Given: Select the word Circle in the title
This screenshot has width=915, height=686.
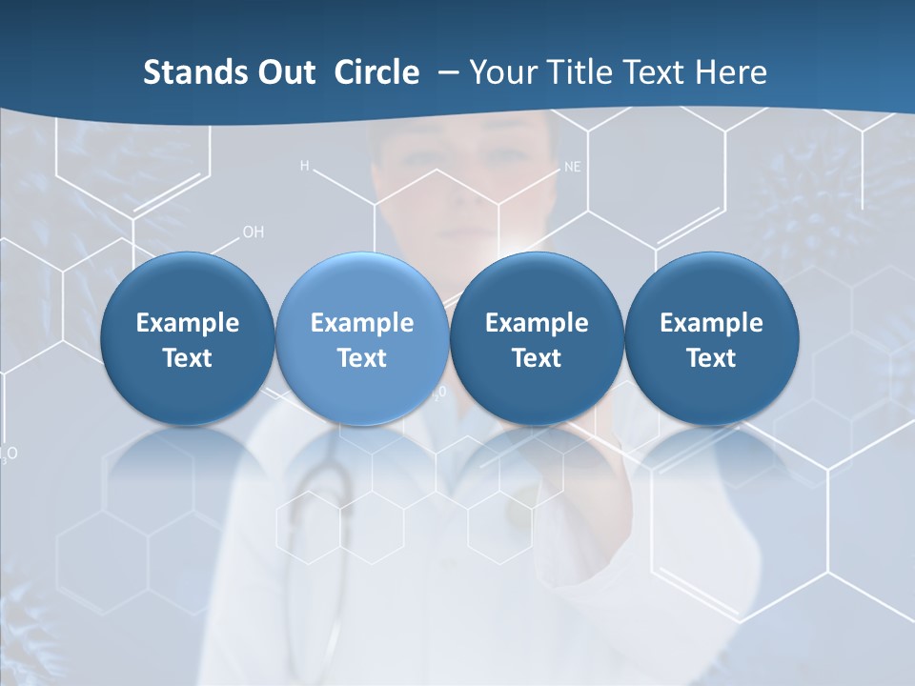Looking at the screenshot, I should pos(376,72).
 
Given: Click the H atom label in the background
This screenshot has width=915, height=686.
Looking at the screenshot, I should pos(305,166).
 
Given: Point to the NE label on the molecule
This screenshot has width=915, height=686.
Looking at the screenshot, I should pos(572,167).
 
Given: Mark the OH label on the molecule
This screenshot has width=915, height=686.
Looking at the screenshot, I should pos(254,232).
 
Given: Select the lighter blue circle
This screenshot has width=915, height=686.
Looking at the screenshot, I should pos(361,339).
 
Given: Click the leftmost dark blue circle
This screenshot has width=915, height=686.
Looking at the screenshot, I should pos(187,339).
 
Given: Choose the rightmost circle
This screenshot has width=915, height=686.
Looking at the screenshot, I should pos(711,339).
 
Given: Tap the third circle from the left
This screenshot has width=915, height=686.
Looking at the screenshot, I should pos(537,339).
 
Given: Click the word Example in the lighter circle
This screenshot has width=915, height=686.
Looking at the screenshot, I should pos(361,323).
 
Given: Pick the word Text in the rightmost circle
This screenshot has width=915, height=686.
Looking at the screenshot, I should pos(711,358).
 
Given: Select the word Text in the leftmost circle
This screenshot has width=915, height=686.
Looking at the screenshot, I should pos(187,358).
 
